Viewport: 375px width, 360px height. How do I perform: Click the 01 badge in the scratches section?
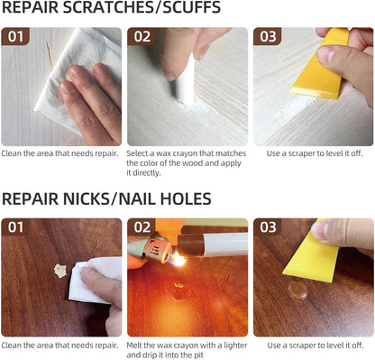click(x=15, y=36)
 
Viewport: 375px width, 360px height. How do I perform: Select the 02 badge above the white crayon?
click(x=142, y=36)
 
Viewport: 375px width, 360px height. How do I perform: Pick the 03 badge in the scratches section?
click(x=268, y=36)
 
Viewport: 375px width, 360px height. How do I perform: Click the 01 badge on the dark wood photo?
click(x=15, y=227)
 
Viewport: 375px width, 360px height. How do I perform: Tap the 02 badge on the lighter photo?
click(x=142, y=227)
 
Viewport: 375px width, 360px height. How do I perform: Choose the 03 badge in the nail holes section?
click(x=268, y=227)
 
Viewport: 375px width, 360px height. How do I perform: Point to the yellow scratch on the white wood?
click(x=50, y=56)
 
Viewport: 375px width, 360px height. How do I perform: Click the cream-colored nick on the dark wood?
click(x=60, y=271)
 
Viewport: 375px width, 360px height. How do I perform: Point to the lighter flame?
click(x=178, y=259)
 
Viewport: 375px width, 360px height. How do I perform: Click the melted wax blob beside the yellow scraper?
click(x=297, y=290)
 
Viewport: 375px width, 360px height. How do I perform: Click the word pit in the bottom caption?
click(x=198, y=355)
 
